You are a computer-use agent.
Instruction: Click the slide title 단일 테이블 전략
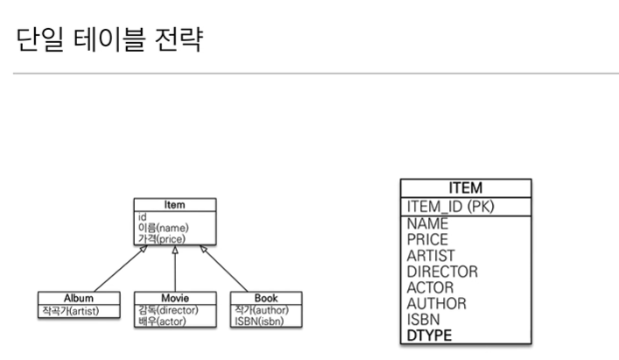point(109,39)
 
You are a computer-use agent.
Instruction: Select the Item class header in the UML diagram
point(175,205)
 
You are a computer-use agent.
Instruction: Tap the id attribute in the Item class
point(142,215)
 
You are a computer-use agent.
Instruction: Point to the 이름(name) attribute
point(163,227)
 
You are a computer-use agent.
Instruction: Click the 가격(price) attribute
point(161,237)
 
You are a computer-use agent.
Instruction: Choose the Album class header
point(79,298)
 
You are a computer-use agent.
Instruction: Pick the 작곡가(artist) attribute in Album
point(70,310)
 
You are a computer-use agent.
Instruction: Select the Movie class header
point(175,298)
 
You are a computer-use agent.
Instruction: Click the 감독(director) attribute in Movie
point(168,310)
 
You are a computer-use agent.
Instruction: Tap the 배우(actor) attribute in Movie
point(161,321)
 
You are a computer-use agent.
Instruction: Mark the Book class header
point(266,298)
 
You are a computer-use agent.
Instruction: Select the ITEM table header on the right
point(465,187)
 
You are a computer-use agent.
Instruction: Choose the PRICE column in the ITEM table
point(427,239)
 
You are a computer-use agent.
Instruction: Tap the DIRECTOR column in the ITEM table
point(442,272)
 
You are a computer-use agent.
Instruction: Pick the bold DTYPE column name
point(429,335)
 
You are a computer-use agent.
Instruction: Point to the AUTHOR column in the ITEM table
point(436,303)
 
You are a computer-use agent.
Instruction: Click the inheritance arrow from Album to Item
point(118,268)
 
